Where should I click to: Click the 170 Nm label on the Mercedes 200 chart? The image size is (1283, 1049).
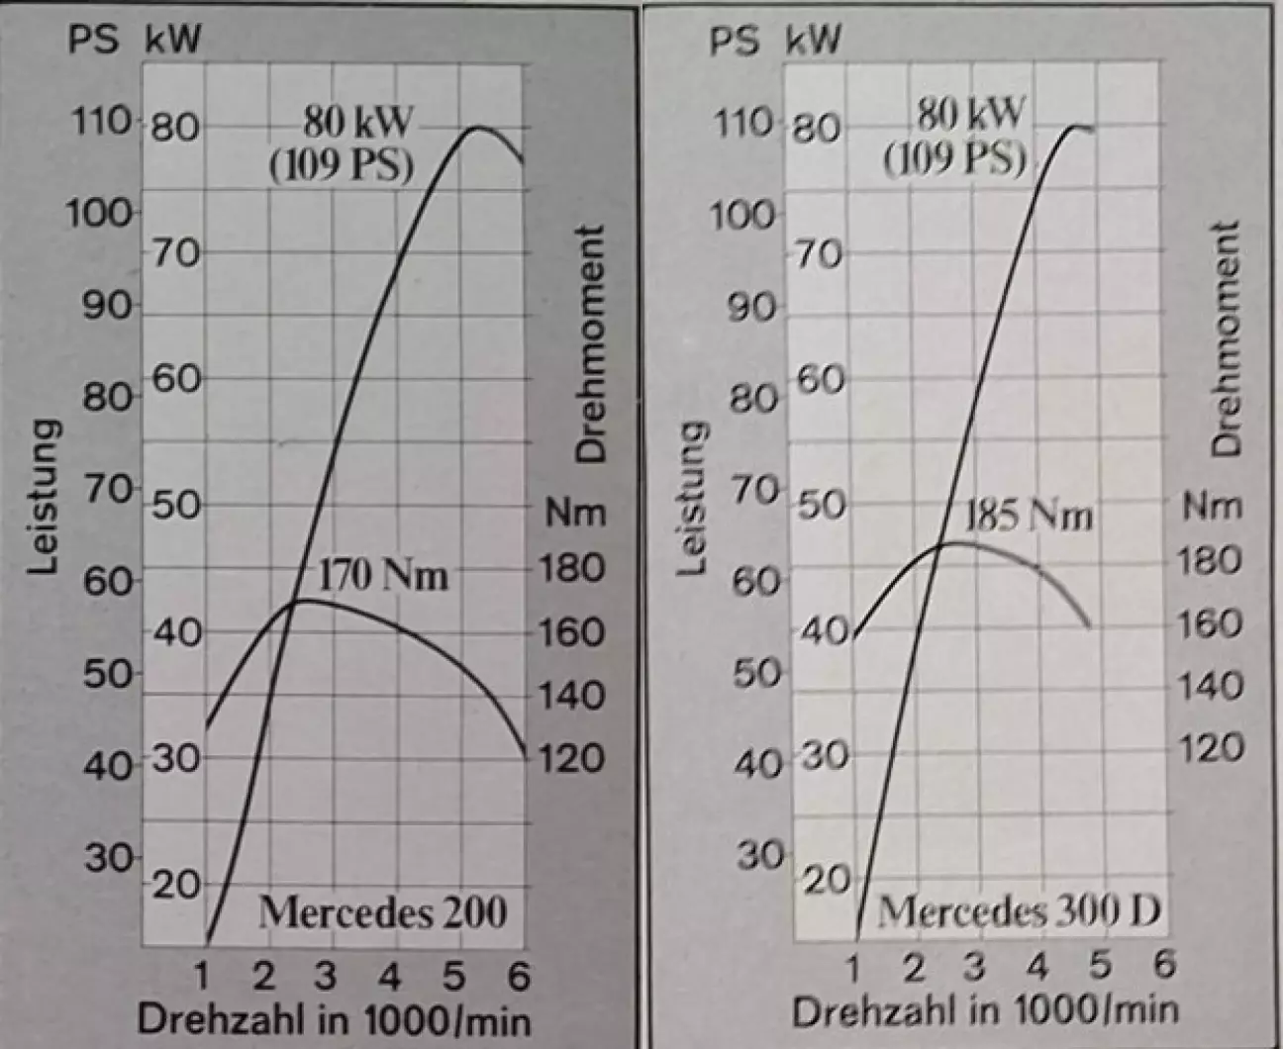coord(383,575)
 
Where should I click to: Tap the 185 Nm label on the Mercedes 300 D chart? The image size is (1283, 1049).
coord(1029,516)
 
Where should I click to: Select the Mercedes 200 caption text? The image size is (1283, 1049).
coord(383,911)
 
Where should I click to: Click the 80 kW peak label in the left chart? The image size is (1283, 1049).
coord(356,124)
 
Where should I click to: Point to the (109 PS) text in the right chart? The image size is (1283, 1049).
coord(954,158)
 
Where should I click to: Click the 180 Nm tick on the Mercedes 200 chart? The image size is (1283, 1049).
coord(570,568)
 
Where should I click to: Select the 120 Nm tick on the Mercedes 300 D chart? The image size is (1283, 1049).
coord(1210,748)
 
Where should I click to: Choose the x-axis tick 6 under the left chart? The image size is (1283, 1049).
coord(519,977)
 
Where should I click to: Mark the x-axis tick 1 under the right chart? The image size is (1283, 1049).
coord(853,965)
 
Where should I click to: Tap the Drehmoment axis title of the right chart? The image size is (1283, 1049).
coord(1226,338)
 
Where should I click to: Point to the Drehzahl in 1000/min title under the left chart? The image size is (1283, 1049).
coord(334,1020)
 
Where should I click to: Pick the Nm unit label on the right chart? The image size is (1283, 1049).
coord(1212,507)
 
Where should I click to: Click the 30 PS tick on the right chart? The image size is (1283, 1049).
coord(759,855)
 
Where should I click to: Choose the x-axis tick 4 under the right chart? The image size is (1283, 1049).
coord(1037,965)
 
